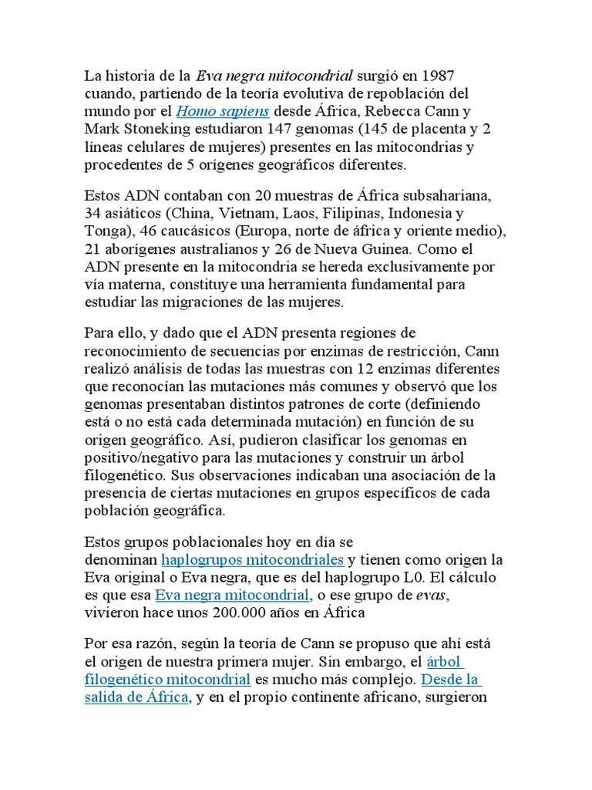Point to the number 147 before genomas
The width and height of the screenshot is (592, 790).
[x=281, y=129]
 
